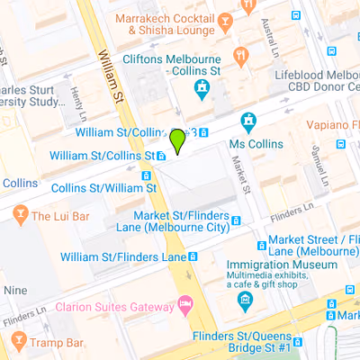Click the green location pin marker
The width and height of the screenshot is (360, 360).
pos(177,140)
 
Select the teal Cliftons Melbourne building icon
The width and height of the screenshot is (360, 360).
pos(202,87)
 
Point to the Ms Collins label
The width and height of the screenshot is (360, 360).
pos(249,144)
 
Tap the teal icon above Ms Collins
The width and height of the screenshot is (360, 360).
pos(248,121)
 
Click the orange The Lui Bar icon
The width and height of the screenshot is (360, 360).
pos(20,216)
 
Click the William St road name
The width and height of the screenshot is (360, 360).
pos(111,72)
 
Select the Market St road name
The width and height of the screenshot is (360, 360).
pos(239,166)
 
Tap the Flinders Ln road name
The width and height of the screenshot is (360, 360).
pos(290,215)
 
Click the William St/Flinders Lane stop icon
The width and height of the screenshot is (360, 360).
pos(193,256)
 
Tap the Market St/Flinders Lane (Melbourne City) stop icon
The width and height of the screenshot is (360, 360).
pos(236,220)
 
